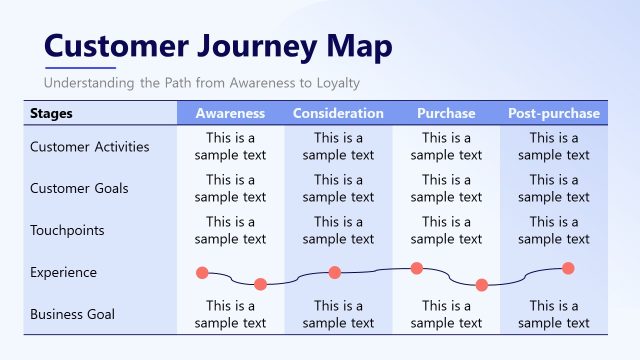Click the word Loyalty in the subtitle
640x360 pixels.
pos(335,83)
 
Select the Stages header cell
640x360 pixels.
pos(52,113)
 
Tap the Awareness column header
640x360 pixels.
pos(230,113)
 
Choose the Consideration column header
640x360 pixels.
pos(338,113)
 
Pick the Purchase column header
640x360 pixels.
pos(446,113)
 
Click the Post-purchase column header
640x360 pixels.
pos(554,113)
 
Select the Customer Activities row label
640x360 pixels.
pos(90,147)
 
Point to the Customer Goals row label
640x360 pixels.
pos(79,188)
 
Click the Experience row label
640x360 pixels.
pos(63,272)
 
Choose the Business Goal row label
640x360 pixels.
pos(72,314)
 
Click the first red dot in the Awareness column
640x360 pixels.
pos(202,272)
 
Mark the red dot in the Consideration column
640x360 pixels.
pos(335,272)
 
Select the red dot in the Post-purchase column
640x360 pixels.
pos(568,267)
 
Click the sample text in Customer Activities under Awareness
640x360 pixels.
pos(230,147)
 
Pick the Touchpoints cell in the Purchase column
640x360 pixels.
pos(446,230)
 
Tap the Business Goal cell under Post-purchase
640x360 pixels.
pos(554,314)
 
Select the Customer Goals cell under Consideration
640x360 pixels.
pos(338,188)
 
